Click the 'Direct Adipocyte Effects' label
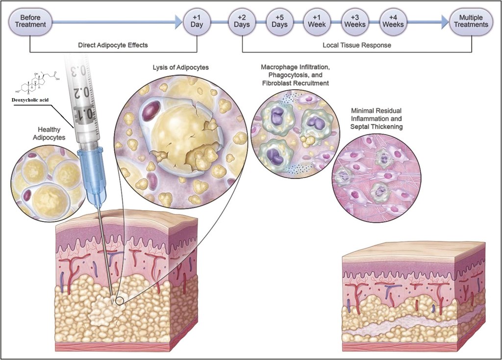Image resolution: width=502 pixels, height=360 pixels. pyautogui.click(x=113, y=45)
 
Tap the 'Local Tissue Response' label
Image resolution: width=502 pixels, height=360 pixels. pyautogui.click(x=356, y=45)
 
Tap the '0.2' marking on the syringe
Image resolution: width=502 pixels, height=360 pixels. pyautogui.click(x=84, y=92)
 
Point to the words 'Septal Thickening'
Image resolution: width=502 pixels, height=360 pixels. pyautogui.click(x=376, y=127)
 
